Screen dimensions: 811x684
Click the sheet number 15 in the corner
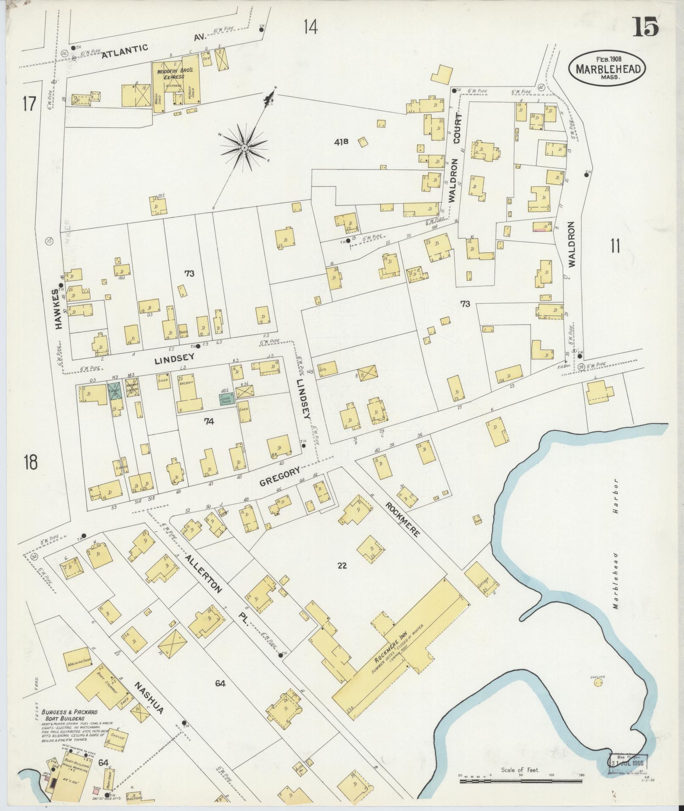pyautogui.click(x=646, y=27)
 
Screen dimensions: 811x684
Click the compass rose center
pyautogui.click(x=244, y=147)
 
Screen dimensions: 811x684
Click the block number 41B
pyautogui.click(x=340, y=142)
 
